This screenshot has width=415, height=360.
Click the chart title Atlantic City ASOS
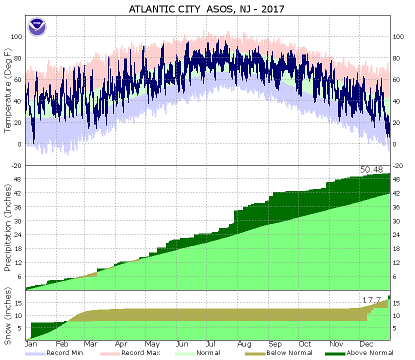(207, 9)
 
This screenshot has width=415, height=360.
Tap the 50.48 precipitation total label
(371, 170)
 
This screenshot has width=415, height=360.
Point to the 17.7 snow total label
(371, 299)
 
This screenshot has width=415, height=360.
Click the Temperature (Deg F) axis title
(8, 90)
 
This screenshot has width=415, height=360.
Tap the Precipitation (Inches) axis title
(8, 227)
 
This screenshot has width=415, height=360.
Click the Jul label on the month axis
(212, 344)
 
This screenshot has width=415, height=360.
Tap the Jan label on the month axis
(31, 344)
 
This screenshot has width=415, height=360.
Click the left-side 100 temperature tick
(17, 36)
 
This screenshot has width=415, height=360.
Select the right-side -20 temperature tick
(398, 166)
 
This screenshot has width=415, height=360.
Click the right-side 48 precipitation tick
(397, 179)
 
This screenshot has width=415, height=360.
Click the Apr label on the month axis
(120, 344)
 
